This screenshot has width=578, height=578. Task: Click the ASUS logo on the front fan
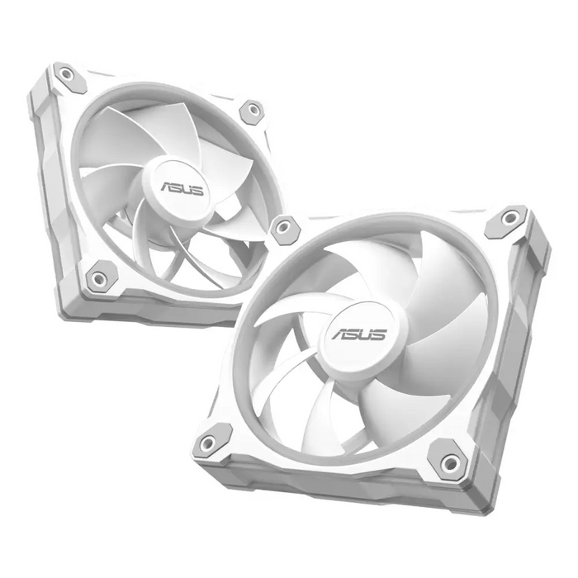(x=359, y=335)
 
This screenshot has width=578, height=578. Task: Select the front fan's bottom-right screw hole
(x=449, y=463)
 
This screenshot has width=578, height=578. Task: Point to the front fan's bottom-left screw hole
(x=206, y=443)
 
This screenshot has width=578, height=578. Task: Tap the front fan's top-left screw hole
(x=286, y=229)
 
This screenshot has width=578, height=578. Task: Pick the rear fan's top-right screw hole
(x=250, y=111)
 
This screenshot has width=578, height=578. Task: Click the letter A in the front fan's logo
(x=340, y=335)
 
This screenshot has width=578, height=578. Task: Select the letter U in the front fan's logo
(x=366, y=335)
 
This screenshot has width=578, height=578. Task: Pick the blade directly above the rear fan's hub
(x=186, y=136)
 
